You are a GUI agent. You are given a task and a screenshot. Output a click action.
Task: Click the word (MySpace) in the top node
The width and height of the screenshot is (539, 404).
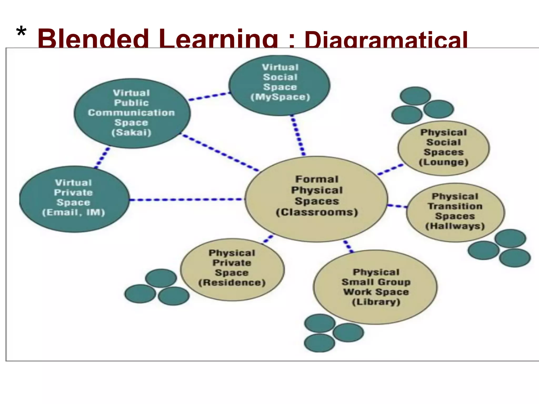coord(280,97)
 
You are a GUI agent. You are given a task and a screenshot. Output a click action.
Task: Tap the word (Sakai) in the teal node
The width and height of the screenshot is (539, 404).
coord(131,132)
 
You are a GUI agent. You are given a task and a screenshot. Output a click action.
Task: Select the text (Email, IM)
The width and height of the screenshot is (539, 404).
coord(73,212)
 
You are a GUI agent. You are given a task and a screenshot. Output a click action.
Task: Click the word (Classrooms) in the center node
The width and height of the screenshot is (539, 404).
coord(317,212)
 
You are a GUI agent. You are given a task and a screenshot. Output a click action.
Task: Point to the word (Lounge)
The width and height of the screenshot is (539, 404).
coord(443,162)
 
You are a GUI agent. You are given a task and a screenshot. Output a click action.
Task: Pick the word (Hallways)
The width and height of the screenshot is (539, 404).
coord(455,226)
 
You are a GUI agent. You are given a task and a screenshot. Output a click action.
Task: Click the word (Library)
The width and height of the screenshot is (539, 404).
coord(376,302)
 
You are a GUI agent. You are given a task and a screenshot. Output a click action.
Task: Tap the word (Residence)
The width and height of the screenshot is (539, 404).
coord(232,283)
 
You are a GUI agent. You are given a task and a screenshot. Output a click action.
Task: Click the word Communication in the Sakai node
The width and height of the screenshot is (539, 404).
coord(131,113)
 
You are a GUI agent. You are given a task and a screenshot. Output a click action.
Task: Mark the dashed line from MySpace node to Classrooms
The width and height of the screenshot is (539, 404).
coord(298,135)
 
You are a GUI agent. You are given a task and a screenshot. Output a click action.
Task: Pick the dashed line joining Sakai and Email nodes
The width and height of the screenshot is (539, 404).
coord(102,158)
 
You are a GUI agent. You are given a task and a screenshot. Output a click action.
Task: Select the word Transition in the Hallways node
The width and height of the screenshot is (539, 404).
coord(455,206)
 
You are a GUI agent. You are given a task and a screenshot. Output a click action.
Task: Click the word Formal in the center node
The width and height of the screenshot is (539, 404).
coord(317,179)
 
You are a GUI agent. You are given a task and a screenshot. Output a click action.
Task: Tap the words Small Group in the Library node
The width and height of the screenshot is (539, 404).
coord(376,282)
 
